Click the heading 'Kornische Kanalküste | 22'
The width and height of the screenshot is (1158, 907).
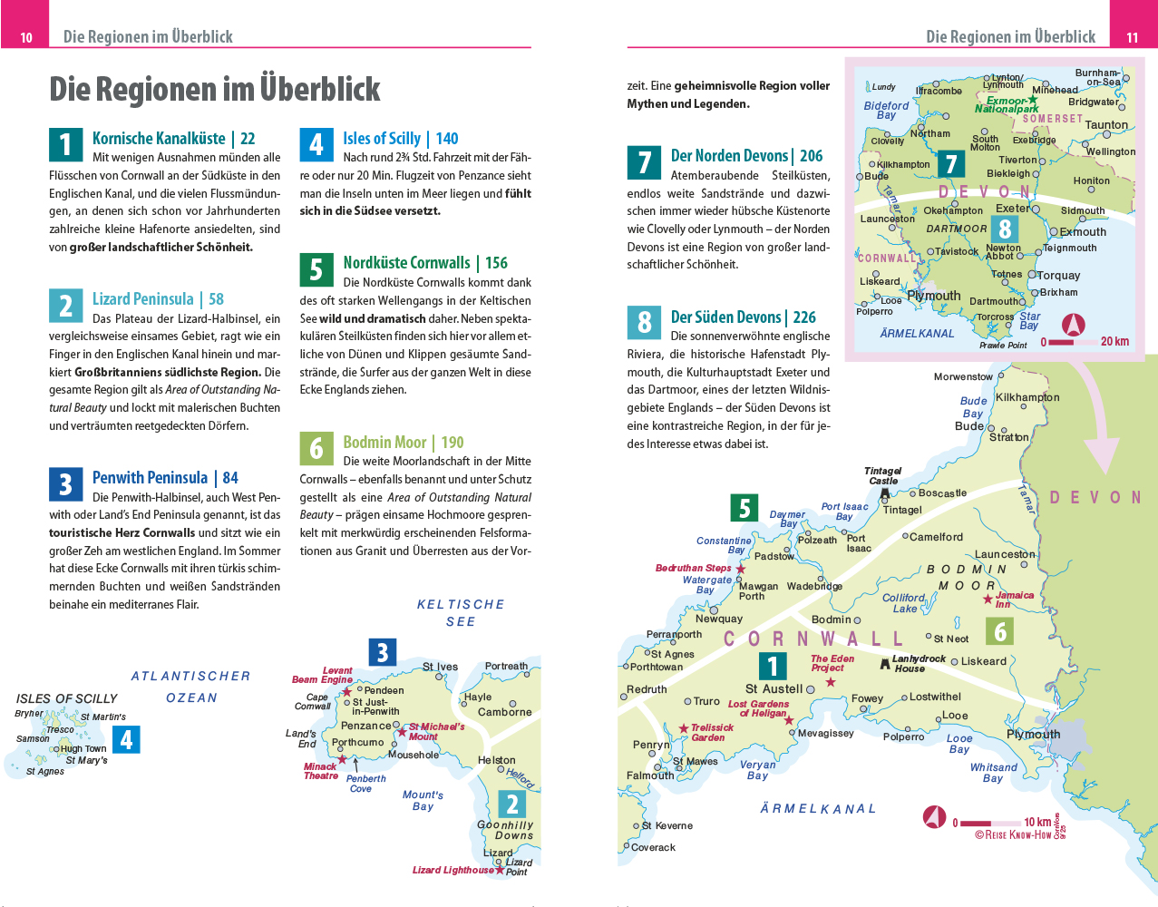(x=173, y=139)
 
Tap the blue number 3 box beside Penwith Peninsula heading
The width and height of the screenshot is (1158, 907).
(x=65, y=484)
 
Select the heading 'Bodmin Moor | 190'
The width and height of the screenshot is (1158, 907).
(x=403, y=443)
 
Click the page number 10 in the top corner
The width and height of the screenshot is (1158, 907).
(x=26, y=37)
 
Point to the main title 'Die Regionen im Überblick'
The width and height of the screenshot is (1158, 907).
(x=215, y=89)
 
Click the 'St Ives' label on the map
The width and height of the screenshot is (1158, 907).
(x=440, y=667)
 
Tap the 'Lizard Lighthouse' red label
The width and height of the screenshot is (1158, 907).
(x=452, y=870)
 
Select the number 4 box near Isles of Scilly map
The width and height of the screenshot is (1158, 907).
(x=127, y=739)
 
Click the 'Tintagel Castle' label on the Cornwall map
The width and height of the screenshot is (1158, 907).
(x=882, y=476)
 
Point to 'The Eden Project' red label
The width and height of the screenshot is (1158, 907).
(x=832, y=663)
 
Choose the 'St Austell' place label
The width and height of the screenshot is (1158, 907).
(x=774, y=689)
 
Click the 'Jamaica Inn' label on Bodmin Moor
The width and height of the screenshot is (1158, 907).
(x=1014, y=600)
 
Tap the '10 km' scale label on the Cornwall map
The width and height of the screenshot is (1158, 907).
(x=1037, y=823)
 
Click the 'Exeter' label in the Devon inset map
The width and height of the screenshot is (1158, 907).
(x=1012, y=209)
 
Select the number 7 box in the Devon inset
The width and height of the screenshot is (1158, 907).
(x=950, y=164)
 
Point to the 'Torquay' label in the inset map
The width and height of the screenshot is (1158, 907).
(x=1058, y=276)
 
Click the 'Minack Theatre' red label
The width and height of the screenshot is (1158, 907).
(x=320, y=771)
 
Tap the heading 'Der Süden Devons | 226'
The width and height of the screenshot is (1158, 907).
(x=743, y=317)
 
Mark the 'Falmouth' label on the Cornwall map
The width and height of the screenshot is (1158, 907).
(x=650, y=775)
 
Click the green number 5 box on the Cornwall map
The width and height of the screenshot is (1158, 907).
(x=744, y=508)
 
